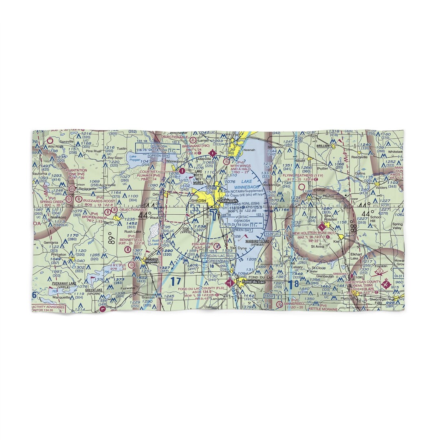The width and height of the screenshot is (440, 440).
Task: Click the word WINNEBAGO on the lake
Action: [246, 187]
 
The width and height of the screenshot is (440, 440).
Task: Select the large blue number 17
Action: [175, 281]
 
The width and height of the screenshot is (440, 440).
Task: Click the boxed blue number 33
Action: [196, 209]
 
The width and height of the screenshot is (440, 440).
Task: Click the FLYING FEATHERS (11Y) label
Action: [302, 175]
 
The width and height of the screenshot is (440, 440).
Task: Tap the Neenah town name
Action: [249, 150]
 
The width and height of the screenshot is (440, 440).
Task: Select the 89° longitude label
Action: [110, 238]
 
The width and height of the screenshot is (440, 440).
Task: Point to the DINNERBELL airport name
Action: [295, 304]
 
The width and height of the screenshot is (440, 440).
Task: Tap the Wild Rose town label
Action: [55, 146]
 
